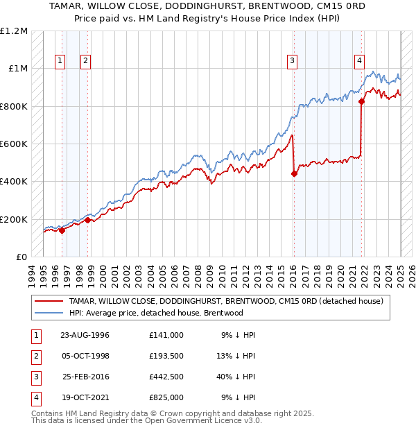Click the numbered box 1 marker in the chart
click(x=61, y=61)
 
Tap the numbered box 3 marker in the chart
click(x=293, y=61)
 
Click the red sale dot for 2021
click(x=362, y=101)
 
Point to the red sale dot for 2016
click(x=294, y=174)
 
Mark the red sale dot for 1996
click(x=62, y=231)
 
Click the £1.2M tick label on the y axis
click(x=14, y=31)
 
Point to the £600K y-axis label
click(x=14, y=144)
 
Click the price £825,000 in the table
click(x=166, y=397)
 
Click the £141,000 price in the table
click(x=166, y=335)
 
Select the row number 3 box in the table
click(x=35, y=377)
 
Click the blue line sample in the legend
click(x=49, y=313)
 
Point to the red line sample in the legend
click(x=49, y=301)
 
